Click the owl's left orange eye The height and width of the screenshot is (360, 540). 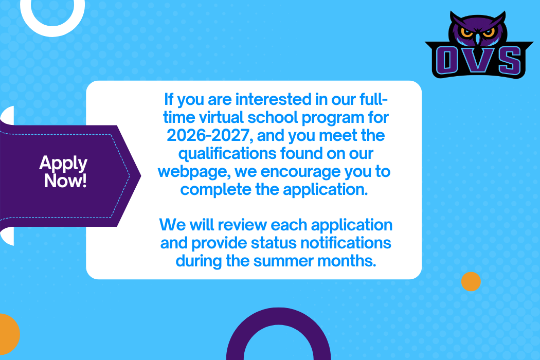tap(466, 33)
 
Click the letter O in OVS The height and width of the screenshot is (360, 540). tap(447, 60)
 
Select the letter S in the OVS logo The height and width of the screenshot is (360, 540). tap(510, 60)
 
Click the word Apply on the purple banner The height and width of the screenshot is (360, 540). tap(63, 164)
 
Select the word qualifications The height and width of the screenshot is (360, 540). tap(227, 154)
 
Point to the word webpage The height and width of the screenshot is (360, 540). tap(194, 172)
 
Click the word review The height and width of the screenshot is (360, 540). tap(242, 225)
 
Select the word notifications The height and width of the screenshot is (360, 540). tap(346, 243)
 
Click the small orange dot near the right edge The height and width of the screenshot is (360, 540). tap(471, 281)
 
